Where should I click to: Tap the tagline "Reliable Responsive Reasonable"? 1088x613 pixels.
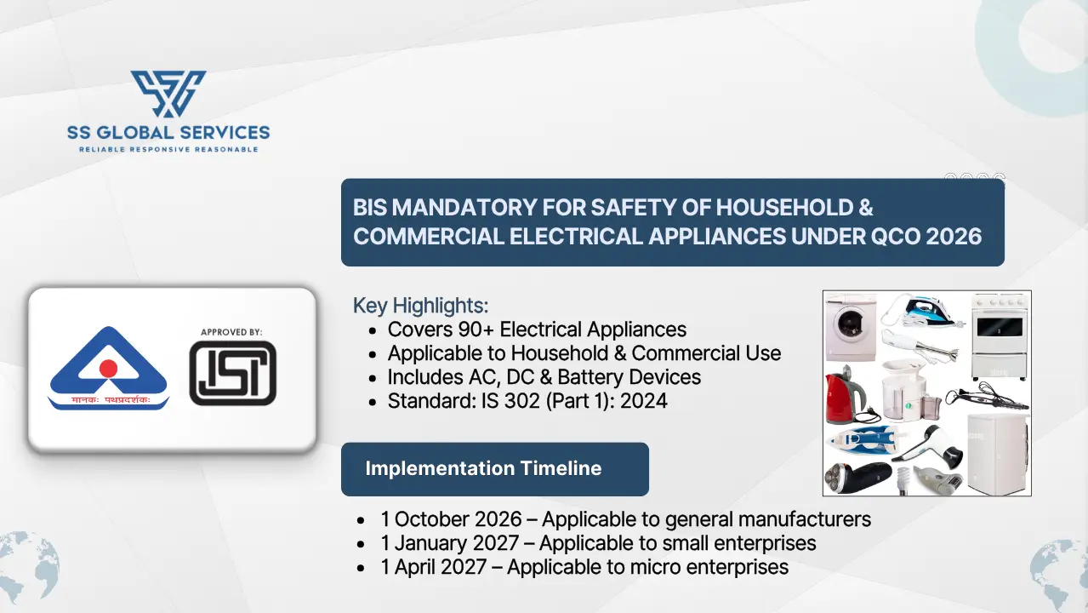point(168,150)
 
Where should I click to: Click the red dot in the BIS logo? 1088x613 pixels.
point(108,368)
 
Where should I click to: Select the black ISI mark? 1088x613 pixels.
point(232,373)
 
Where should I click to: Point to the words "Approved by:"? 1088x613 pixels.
point(231,331)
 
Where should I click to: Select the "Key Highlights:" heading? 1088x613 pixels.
point(420,306)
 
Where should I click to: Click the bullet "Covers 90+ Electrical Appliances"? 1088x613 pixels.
point(537,329)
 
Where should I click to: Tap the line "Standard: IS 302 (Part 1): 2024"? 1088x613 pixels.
point(527,400)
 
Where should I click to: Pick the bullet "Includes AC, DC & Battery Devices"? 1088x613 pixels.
point(544,376)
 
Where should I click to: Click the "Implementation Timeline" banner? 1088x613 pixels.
point(483,468)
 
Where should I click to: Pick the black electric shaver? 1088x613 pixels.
point(859,476)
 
